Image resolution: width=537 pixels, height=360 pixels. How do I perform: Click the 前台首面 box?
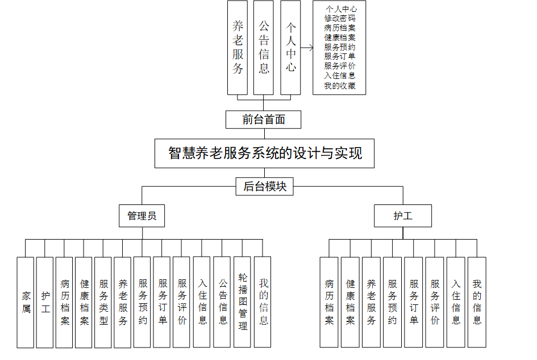263,119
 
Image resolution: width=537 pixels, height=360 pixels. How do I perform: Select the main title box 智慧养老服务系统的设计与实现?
265,153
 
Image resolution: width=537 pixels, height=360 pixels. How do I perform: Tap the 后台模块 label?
265,186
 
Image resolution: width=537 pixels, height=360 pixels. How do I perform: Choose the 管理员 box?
142,216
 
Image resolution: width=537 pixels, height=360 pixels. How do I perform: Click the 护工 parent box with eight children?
403,216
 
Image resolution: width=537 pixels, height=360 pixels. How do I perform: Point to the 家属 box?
25,302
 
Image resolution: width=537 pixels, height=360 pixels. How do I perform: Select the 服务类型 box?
103,302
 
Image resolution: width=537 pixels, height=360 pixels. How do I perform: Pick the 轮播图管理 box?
242,302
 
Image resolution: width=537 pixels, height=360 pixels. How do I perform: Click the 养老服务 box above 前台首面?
238,48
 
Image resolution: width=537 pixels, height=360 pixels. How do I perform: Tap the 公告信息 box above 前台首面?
264,48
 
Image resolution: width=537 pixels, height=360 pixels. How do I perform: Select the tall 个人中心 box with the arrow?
290,48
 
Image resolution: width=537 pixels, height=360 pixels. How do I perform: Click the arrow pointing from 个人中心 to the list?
307,48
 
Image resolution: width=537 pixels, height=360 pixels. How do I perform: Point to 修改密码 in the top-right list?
340,18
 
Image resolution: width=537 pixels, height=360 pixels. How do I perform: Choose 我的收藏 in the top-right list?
340,86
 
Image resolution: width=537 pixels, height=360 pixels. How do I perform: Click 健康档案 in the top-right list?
340,37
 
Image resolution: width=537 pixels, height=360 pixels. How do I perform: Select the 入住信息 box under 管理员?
202,302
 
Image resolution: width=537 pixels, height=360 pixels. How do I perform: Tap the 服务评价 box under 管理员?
182,302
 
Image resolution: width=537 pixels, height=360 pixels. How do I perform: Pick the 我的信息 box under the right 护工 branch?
477,302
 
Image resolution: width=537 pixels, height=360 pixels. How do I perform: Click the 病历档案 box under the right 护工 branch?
329,302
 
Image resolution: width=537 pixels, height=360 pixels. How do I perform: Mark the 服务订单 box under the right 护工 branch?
414,302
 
